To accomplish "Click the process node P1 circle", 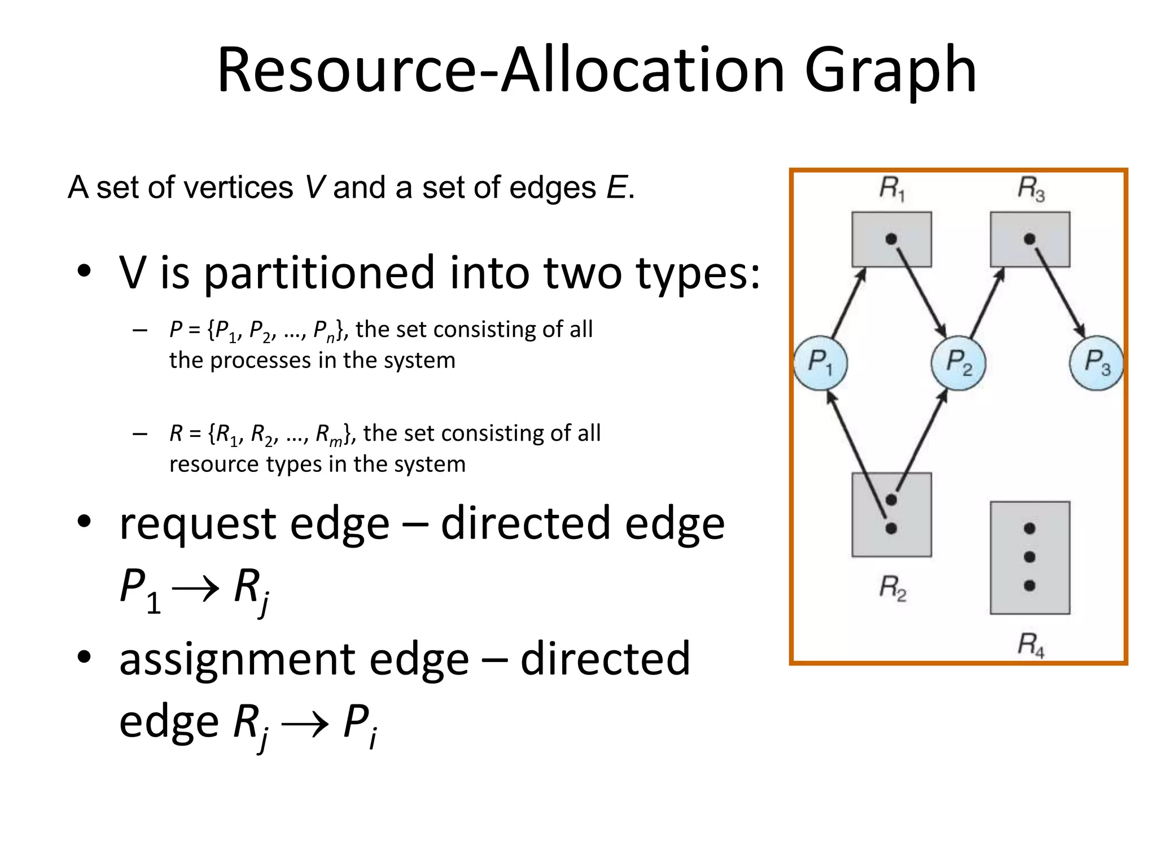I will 820,362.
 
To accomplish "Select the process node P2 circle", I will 958,362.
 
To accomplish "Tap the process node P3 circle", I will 1096,363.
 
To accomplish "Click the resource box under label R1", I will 891,239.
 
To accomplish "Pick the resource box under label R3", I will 1030,239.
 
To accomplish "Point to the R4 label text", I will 1031,644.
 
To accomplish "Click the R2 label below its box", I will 892,588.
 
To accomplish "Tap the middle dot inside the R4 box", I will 1030,557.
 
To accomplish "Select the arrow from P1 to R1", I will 849,304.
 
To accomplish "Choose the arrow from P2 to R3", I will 987,303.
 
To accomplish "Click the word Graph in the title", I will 890,70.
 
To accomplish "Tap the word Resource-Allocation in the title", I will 500,70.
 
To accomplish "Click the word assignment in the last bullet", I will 294,659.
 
